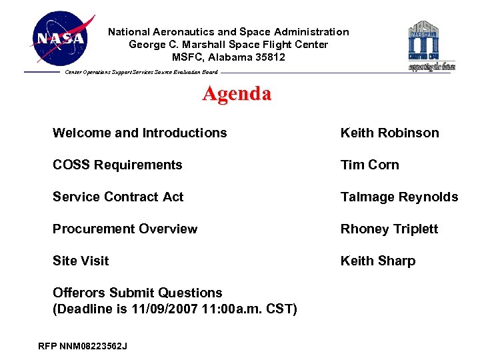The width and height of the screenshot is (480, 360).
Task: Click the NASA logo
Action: point(61,38)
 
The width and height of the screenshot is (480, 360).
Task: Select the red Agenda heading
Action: point(237,93)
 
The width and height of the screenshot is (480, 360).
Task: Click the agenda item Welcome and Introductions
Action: point(139,133)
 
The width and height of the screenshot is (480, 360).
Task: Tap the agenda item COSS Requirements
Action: point(117,165)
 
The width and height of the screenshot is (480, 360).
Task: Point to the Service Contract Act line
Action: point(118,197)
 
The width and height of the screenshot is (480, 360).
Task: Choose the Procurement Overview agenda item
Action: point(125,229)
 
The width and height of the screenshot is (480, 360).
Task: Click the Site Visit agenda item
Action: point(81,261)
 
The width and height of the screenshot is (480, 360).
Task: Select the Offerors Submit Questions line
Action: point(137,293)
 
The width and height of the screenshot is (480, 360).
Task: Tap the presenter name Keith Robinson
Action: point(389,133)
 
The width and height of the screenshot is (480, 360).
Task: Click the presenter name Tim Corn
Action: point(369,165)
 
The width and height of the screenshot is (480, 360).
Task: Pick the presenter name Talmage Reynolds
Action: point(399,197)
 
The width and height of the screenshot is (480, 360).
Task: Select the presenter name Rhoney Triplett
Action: point(389,229)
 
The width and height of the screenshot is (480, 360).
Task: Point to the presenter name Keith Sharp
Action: point(377,261)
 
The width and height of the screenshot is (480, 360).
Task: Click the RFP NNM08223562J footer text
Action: point(83,346)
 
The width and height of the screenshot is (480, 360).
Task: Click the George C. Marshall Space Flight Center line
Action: point(228,45)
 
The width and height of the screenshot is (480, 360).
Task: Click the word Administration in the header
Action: point(314,32)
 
